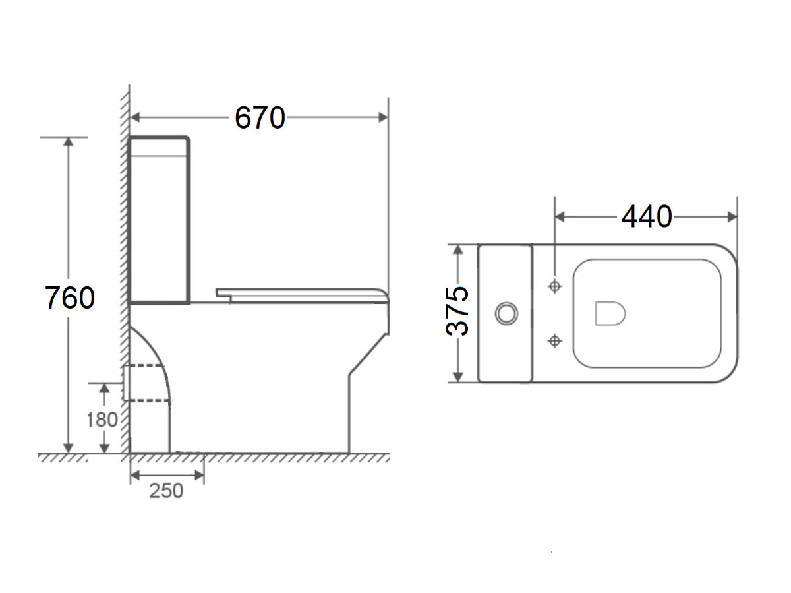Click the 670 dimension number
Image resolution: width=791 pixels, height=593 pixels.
click(260, 118)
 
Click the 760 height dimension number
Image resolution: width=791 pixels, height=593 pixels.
click(70, 298)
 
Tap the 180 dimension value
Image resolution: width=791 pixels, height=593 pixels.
click(102, 419)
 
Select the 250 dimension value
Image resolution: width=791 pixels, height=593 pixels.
click(165, 491)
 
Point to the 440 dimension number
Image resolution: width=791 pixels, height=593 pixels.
click(646, 216)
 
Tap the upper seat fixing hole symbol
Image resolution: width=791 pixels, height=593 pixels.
click(555, 286)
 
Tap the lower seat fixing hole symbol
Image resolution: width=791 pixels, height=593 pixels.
click(555, 340)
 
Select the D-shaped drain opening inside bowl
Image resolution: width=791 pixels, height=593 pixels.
click(610, 313)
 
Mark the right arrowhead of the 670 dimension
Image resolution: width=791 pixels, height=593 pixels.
click(384, 117)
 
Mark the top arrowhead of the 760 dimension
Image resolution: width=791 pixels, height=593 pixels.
click(67, 142)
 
